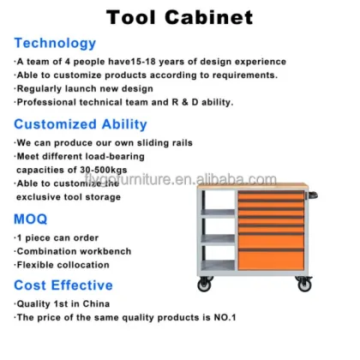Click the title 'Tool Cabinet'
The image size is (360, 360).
point(179,17)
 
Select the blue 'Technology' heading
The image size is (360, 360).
point(55,43)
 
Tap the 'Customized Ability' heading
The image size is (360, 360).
point(81,124)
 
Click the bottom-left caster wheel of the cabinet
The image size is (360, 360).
point(204,285)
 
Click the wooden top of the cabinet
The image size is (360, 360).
point(249,184)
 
